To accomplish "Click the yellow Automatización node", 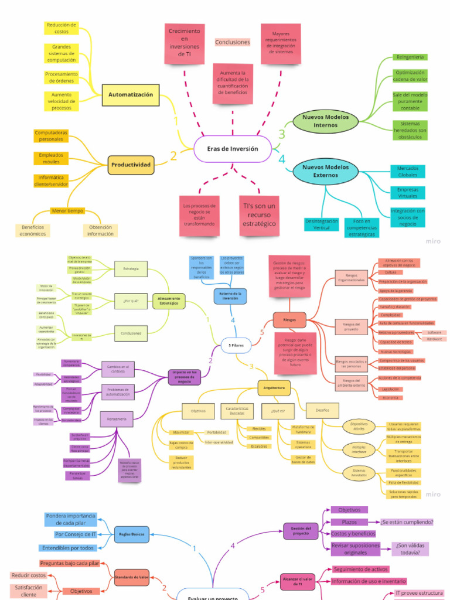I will pos(130,95).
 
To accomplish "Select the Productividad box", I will pos(131,165).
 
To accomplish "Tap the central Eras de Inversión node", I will pos(232,149).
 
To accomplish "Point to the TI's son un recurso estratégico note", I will pos(258,215).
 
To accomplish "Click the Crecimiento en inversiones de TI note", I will pos(184,42).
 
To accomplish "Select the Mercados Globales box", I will pos(408,171).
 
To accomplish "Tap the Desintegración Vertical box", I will pos(322,224).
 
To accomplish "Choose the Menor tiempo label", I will pos(67,211).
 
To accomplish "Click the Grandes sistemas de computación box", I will pos(62,53).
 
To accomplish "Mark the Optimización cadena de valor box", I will pos(410,76).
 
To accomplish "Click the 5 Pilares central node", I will pos(236,346).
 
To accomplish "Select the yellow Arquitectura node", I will pos(274,387).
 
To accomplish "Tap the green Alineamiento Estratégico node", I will pos(169,301).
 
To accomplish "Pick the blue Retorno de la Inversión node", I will pos(230,295).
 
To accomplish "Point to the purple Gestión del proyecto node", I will pos(301,531).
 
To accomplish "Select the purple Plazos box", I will pos(349,522).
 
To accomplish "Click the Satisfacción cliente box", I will pos(28,591).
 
